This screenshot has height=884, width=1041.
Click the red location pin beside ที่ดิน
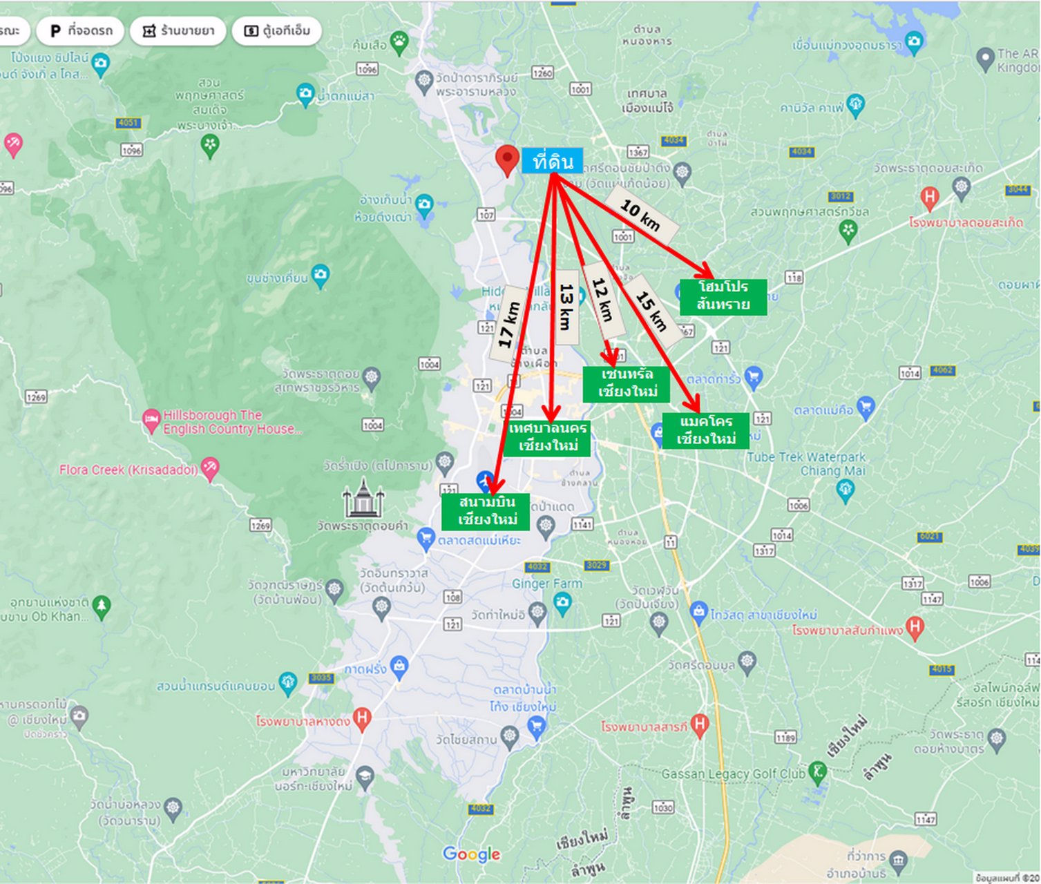click(x=508, y=160)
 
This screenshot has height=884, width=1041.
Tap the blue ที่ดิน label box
click(x=552, y=161)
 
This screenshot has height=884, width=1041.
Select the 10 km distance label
click(x=640, y=215)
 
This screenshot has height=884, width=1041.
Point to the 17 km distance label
click(x=508, y=323)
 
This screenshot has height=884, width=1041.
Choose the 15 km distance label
click(x=651, y=311)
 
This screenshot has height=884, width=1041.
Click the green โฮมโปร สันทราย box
click(x=723, y=296)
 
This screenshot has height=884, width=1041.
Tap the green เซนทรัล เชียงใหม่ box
click(x=626, y=383)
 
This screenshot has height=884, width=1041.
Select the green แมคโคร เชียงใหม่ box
click(x=705, y=430)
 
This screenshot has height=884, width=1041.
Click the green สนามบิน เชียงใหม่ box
click(x=486, y=511)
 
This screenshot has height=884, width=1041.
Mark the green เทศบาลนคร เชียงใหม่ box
click(x=547, y=437)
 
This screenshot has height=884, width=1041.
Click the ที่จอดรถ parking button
click(x=81, y=31)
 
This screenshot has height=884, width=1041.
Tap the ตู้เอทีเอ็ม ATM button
click(x=277, y=31)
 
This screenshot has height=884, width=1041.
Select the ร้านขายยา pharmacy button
click(x=178, y=31)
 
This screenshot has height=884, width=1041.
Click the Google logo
click(x=471, y=854)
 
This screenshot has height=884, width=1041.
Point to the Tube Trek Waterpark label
click(x=805, y=463)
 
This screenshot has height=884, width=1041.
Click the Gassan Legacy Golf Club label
click(x=734, y=774)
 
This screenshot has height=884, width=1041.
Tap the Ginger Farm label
click(x=547, y=584)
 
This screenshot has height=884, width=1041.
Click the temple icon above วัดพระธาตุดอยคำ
click(x=363, y=498)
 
